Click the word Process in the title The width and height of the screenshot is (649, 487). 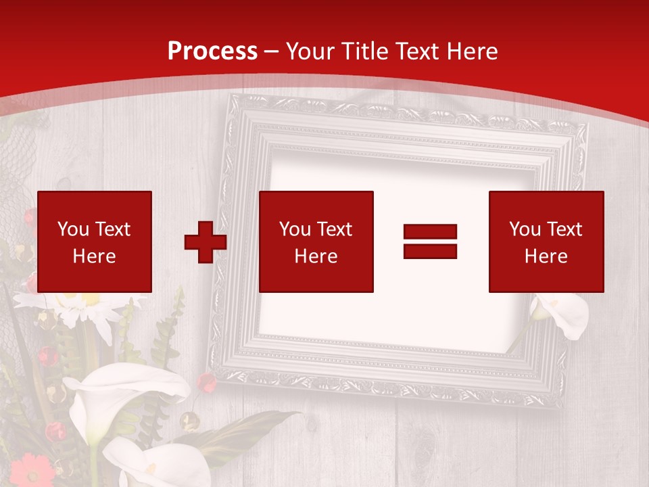point(212,51)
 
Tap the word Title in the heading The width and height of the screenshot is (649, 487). point(365,51)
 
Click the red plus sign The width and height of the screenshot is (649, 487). point(205,242)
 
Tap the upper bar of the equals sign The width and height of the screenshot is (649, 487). point(431,232)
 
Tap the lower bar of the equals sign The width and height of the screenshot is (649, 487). point(431,252)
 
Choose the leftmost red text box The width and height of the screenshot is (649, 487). point(95,241)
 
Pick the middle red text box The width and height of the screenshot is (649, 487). point(316,241)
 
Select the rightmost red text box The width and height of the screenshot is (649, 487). point(546,241)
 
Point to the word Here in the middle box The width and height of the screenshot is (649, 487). point(316,256)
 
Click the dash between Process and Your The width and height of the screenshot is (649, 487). point(272,51)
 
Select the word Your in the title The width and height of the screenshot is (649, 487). point(312,51)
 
